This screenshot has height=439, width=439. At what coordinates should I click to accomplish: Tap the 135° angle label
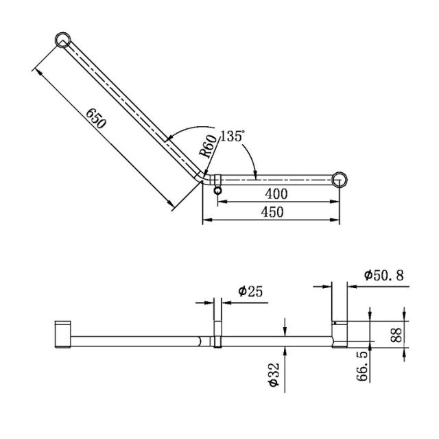coord(232,136)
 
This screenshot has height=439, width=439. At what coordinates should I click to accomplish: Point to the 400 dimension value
coord(276,193)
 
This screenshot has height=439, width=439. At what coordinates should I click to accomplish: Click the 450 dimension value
coord(272,212)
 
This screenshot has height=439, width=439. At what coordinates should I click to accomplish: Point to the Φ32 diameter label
coord(274,376)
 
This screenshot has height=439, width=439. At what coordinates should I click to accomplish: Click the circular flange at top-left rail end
coord(63,40)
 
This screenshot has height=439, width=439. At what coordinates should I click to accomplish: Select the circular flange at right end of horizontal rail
coord(340,180)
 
